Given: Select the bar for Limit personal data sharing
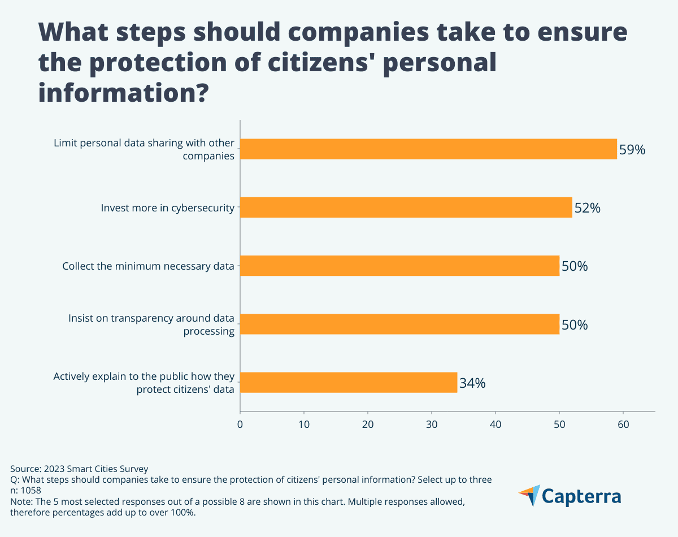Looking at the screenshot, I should (x=428, y=149).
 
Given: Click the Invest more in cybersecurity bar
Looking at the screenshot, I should (x=406, y=207).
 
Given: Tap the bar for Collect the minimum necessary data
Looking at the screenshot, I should (x=399, y=266).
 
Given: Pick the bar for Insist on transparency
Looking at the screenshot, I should (x=399, y=324).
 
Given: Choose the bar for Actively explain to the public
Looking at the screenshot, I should (x=349, y=383).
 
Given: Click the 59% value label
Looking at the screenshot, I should (x=632, y=150).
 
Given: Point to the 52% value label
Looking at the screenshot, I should (x=587, y=208).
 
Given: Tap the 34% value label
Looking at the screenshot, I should (x=472, y=383).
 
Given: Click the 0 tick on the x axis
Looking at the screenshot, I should (x=240, y=424).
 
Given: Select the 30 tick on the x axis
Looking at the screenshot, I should (x=432, y=424).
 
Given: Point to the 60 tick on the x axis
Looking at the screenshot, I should (x=623, y=424).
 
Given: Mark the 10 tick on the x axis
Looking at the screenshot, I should (x=304, y=424).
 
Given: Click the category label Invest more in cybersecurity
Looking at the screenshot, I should (x=167, y=208).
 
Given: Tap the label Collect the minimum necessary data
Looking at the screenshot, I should (x=148, y=266).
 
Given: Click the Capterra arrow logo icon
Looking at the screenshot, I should (x=529, y=496).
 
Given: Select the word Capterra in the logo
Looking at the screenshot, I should (x=582, y=497).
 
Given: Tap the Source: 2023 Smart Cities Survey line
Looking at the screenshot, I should (x=79, y=469).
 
